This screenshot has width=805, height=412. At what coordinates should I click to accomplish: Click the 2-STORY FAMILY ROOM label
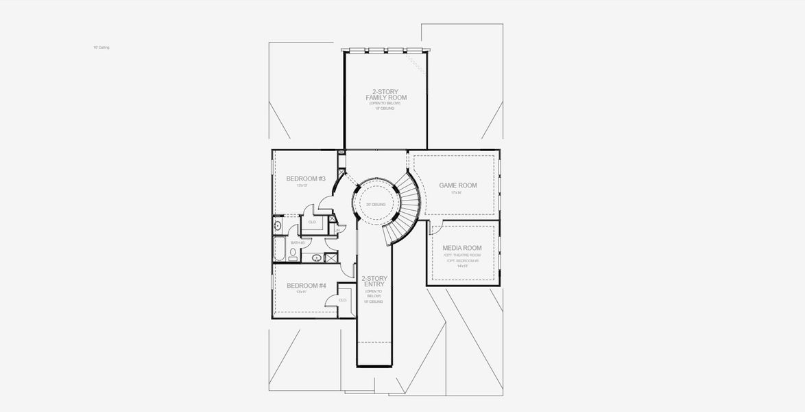385,95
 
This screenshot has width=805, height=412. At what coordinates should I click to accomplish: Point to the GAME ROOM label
458,185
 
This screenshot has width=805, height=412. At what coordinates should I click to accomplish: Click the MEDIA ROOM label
461,248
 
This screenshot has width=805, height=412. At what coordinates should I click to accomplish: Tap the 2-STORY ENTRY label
374,282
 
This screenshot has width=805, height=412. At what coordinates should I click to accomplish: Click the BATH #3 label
298,242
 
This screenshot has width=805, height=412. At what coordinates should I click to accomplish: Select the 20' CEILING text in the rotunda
376,205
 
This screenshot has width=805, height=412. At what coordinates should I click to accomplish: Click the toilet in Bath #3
293,255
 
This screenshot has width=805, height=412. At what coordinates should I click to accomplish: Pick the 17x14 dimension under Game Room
457,193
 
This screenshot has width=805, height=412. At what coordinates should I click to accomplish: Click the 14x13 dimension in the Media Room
461,266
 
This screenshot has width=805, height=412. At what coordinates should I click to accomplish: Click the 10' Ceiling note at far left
101,47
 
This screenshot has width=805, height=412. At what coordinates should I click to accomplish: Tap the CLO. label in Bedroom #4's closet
343,300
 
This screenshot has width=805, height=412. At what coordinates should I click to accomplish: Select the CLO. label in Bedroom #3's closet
312,222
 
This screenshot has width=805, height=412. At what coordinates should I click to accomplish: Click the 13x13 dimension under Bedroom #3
301,185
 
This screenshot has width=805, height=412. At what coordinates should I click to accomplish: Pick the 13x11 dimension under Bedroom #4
301,293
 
